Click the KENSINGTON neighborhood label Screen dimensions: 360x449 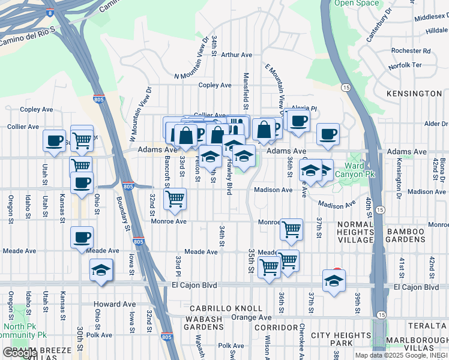414,94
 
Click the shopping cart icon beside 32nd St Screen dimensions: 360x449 175,198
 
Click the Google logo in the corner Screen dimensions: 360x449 19,353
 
